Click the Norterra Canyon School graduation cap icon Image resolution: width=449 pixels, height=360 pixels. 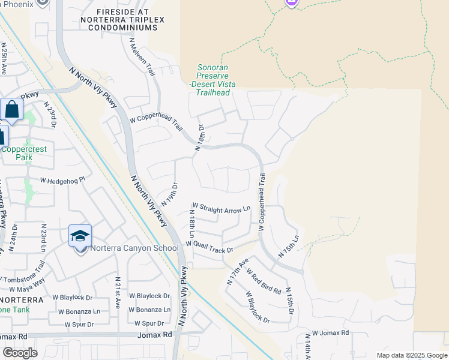pyautogui.click(x=80, y=236)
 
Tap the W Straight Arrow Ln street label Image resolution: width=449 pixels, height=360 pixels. pyautogui.click(x=221, y=209)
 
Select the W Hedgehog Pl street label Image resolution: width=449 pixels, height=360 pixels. pyautogui.click(x=63, y=179)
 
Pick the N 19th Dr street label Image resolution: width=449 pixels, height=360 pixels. pyautogui.click(x=170, y=195)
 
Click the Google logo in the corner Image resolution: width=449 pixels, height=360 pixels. pyautogui.click(x=20, y=353)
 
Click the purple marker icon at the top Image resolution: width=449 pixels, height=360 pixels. pyautogui.click(x=291, y=3)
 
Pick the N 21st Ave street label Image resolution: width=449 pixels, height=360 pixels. pyautogui.click(x=118, y=293)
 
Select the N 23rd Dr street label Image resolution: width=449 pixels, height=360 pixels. pyautogui.click(x=49, y=115)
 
